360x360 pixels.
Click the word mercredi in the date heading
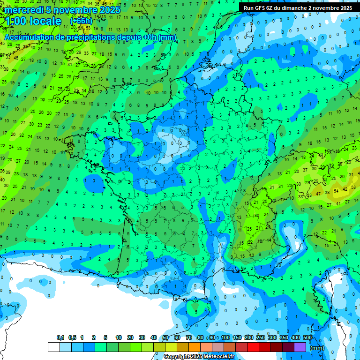tap(24, 10)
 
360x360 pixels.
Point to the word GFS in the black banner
tap(260, 8)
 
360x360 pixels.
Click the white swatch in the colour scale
tap(54, 347)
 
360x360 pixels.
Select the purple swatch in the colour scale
tap(300, 347)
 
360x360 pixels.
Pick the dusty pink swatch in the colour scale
tap(218, 347)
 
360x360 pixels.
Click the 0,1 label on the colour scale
tap(60, 337)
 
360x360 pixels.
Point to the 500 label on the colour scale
tap(307, 337)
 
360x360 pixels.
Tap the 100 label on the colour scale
tap(225, 337)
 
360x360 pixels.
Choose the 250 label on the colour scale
tap(261, 337)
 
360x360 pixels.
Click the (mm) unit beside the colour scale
tap(317, 348)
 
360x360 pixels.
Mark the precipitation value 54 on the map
tap(336, 191)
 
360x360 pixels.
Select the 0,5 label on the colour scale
tap(72, 337)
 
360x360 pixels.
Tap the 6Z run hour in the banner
tap(270, 8)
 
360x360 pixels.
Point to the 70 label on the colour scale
tap(189, 337)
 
